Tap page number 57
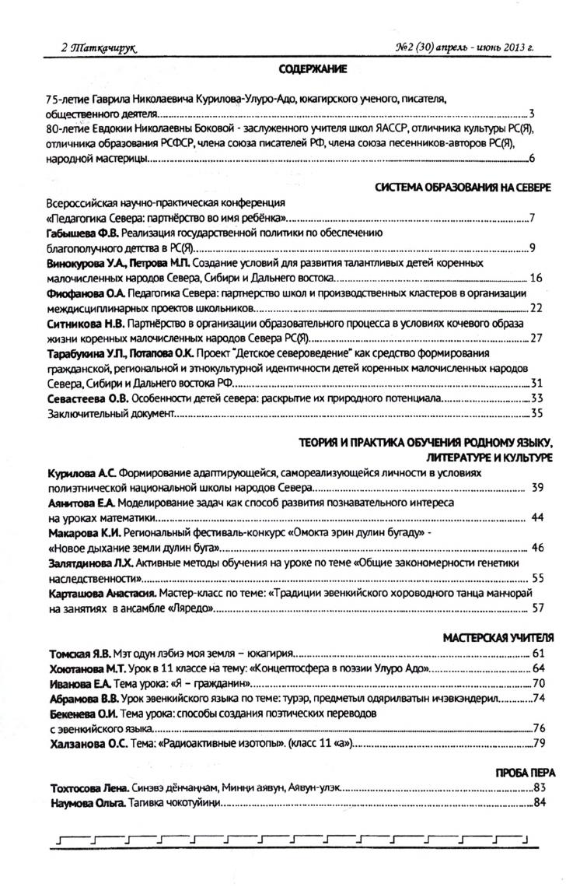(x=537, y=607)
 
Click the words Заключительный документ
(x=107, y=413)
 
